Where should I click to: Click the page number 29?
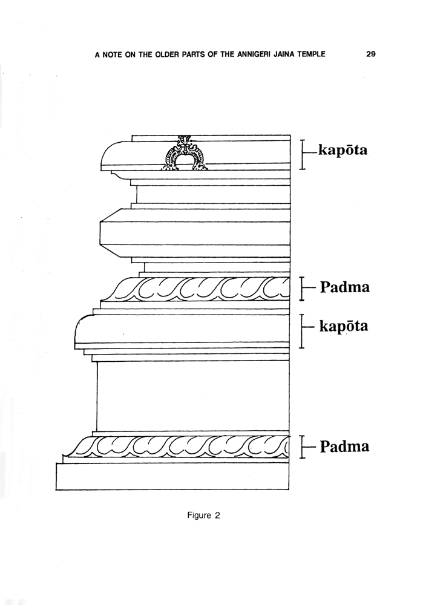[371, 54]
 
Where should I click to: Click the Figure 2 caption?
[204, 515]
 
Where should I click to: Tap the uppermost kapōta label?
[343, 151]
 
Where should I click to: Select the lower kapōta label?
[343, 327]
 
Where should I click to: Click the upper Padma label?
[345, 287]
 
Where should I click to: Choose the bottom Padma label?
[345, 446]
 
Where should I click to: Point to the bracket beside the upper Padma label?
[303, 288]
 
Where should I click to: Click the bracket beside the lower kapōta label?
[303, 331]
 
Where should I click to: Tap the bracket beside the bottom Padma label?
[303, 447]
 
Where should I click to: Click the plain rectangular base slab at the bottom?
[172, 477]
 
